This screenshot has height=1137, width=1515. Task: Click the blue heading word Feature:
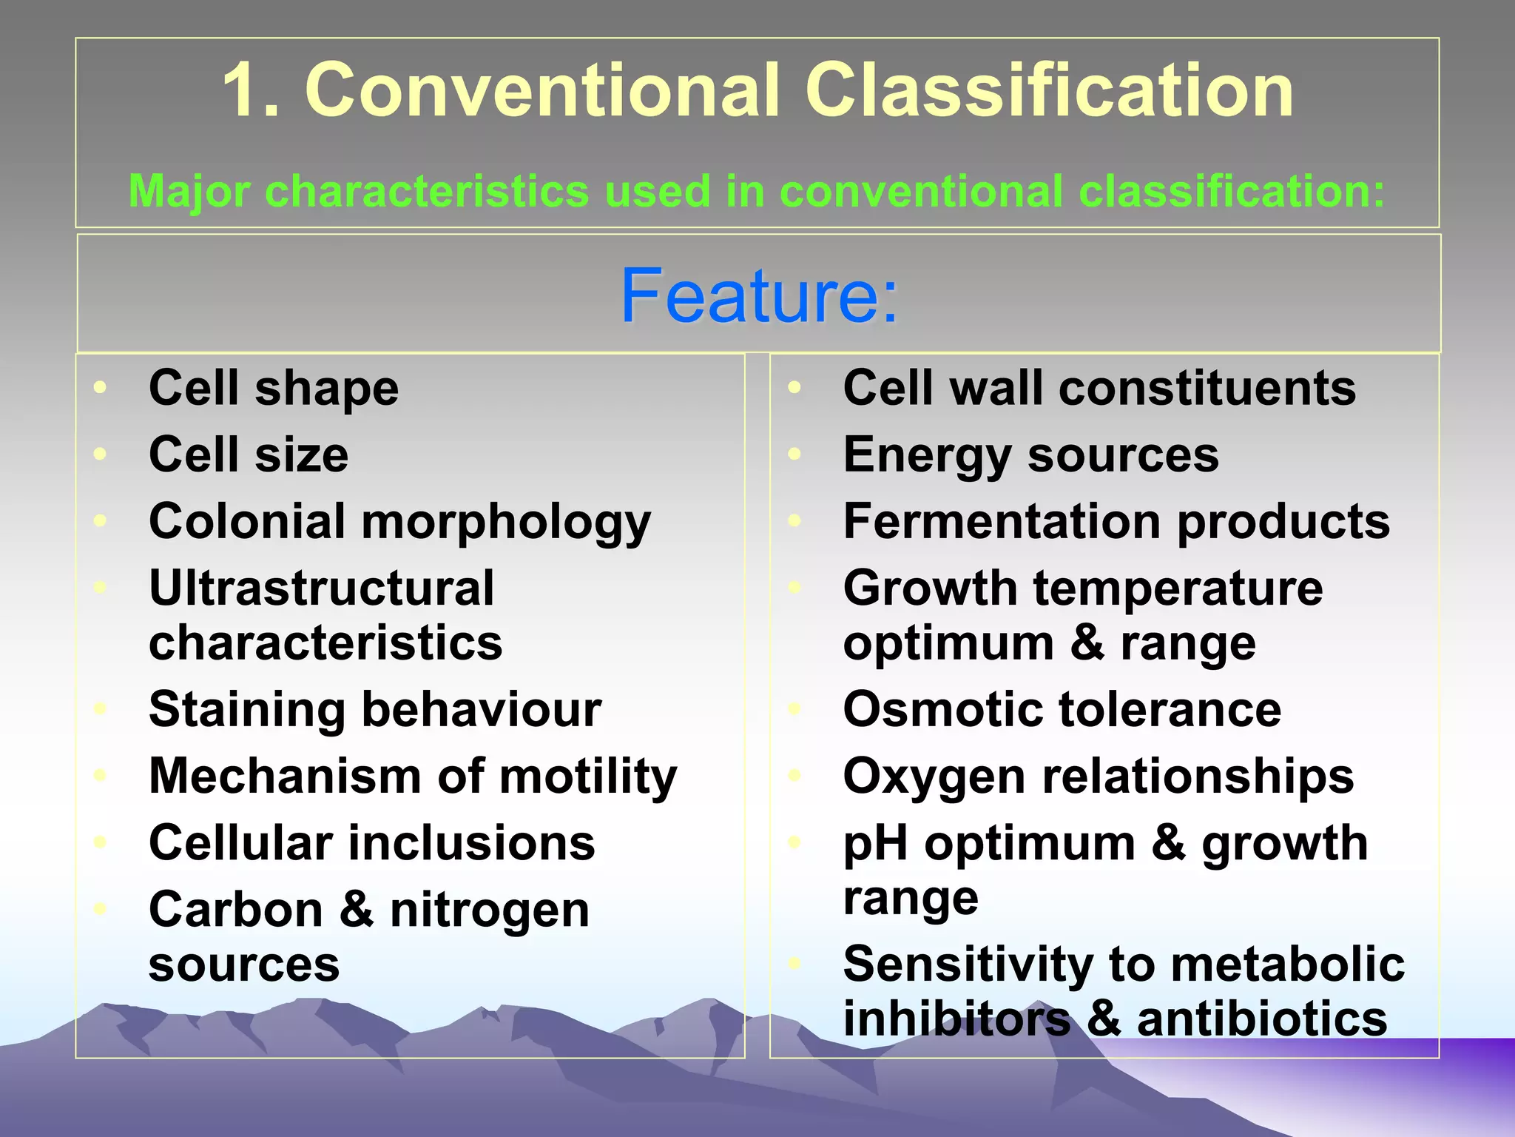[x=759, y=296]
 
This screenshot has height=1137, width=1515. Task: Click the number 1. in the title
[x=251, y=90]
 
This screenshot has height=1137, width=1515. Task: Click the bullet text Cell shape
[x=273, y=388]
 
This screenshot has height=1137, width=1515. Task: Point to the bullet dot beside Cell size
[x=101, y=453]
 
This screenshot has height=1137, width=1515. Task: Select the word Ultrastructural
[x=321, y=588]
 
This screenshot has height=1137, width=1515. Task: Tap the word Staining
[x=246, y=710]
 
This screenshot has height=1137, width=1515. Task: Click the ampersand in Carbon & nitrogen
[x=357, y=910]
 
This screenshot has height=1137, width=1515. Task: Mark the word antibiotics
[x=1261, y=1019]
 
